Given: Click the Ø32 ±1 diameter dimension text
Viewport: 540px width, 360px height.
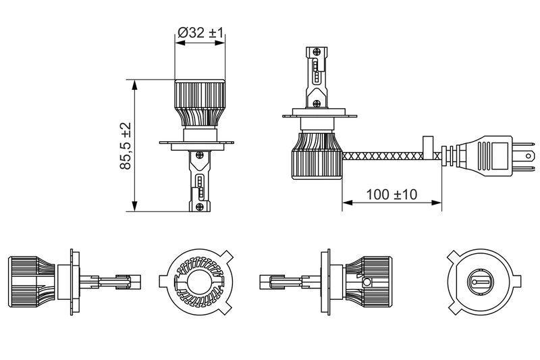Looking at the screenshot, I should [x=201, y=31].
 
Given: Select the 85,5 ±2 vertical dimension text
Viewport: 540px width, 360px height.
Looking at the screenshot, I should [x=126, y=146].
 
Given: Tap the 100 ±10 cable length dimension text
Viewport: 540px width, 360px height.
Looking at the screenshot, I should [x=391, y=195].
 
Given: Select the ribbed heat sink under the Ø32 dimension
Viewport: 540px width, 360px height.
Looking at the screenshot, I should [x=201, y=101].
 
